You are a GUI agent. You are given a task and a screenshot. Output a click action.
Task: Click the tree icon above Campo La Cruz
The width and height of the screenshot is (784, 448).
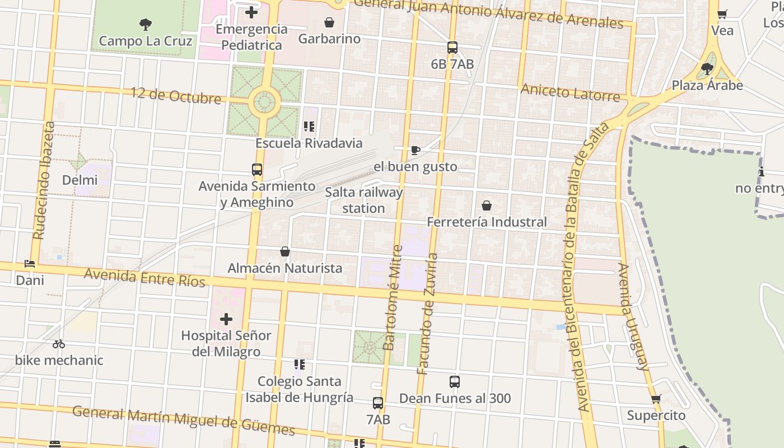(x=146, y=24)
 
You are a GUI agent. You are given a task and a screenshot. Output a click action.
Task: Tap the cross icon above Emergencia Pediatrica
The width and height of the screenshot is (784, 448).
(x=251, y=12)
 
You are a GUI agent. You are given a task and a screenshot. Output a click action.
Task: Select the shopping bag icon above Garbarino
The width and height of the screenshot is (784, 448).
(x=329, y=22)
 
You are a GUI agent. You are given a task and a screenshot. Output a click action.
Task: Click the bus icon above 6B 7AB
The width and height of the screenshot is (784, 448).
(x=452, y=48)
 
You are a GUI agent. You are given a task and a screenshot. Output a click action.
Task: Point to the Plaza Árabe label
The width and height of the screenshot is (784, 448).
(x=707, y=86)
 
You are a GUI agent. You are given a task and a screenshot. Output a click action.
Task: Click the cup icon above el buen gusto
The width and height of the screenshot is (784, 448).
(x=415, y=150)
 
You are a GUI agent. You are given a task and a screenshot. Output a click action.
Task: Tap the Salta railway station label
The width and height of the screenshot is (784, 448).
(x=364, y=200)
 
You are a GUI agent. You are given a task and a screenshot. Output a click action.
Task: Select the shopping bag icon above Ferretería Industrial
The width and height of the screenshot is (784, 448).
(x=487, y=206)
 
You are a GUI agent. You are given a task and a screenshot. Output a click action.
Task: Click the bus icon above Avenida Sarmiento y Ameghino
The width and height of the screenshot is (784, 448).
(x=257, y=169)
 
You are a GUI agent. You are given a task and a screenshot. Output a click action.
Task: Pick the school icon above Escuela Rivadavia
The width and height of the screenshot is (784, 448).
(x=309, y=127)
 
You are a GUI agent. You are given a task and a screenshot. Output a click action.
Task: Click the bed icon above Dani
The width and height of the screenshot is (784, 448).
(x=30, y=263)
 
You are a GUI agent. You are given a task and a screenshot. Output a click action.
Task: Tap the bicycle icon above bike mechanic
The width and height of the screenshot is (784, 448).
(x=59, y=344)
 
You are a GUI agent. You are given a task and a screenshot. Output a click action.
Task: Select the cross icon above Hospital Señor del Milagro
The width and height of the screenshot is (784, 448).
(x=226, y=319)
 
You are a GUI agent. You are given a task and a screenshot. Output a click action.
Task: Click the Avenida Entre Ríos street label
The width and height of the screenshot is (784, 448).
(x=144, y=277)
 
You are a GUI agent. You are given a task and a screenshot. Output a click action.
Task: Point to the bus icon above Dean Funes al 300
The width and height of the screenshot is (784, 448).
(x=455, y=382)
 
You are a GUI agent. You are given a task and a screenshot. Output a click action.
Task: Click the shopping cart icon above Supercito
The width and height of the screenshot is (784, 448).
(x=656, y=399)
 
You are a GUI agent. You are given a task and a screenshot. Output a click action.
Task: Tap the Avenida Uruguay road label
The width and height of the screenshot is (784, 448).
(x=635, y=316)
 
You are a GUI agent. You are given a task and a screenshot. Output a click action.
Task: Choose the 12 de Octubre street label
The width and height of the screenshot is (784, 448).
(x=176, y=95)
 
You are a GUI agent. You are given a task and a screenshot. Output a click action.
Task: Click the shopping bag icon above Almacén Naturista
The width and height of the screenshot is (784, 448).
(x=285, y=251)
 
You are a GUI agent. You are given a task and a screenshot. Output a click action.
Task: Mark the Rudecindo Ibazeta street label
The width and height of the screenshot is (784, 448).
(x=44, y=180)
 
